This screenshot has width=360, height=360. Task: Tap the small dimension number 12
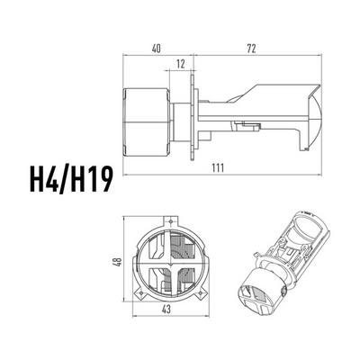coord(181,64)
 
